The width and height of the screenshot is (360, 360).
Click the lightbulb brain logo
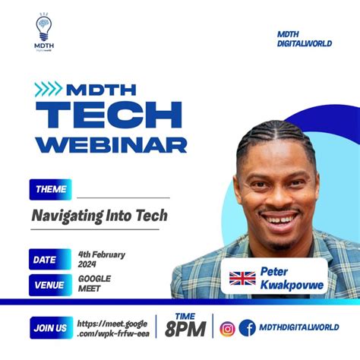click(44, 30)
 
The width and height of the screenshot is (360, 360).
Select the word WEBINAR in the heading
click(110, 144)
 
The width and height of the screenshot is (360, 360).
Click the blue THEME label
click(50, 189)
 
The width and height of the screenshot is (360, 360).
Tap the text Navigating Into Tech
click(99, 216)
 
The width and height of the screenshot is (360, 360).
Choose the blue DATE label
click(46, 260)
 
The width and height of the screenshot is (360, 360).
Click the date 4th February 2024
click(101, 260)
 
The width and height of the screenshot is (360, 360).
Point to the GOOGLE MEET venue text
click(94, 284)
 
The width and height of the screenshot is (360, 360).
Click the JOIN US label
click(50, 329)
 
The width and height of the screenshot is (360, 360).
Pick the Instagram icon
click(227, 329)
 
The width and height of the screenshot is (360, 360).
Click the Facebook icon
click(247, 329)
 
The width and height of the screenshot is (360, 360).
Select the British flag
click(242, 277)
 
